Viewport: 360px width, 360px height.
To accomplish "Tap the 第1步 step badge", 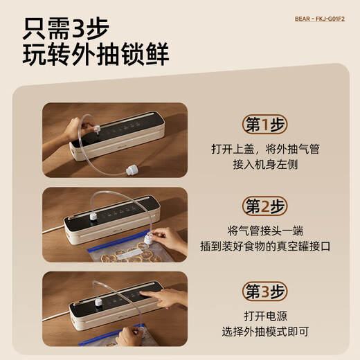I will pos(265,125).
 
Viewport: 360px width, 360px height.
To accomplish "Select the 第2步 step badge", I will pos(265,206).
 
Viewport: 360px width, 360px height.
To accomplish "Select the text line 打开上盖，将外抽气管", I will pos(265,149).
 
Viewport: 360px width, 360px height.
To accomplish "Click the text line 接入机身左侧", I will pos(265,166).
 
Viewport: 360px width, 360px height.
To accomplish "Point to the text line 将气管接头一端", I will pos(265,231).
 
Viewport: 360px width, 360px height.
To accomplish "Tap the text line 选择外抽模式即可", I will pos(265,332).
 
